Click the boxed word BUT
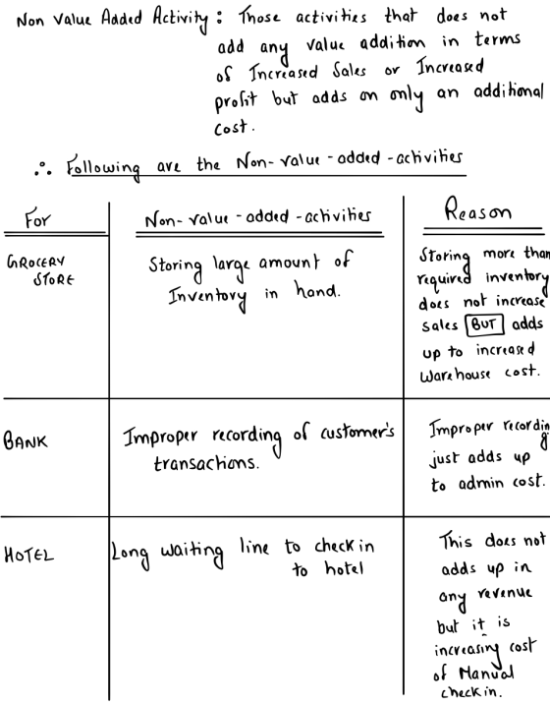[484, 324]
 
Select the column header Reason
[477, 210]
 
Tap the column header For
[37, 219]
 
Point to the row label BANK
[26, 440]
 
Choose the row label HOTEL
[28, 555]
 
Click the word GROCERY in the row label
[36, 263]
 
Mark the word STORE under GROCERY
[53, 279]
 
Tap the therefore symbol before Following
[43, 169]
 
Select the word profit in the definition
[236, 100]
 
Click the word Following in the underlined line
[103, 167]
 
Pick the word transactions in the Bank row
[206, 462]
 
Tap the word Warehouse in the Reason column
[455, 374]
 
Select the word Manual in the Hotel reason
[486, 674]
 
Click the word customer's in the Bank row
[357, 433]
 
